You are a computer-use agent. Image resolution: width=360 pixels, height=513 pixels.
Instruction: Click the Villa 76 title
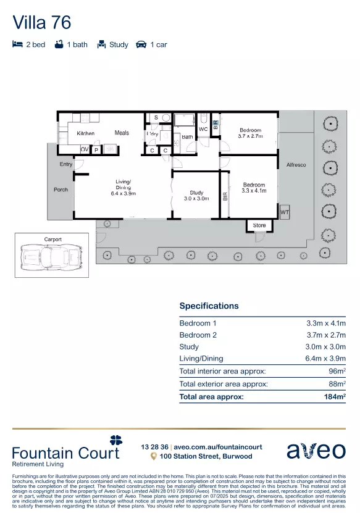42,23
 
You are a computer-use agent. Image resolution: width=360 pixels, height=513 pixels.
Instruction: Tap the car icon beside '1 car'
141,44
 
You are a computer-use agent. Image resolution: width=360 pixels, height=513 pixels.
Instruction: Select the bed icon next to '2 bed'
17,44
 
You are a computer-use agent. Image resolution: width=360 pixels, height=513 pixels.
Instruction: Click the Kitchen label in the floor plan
85,133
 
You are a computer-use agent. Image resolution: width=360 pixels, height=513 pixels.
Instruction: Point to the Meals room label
122,133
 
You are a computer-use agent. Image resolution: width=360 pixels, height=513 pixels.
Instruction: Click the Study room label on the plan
196,193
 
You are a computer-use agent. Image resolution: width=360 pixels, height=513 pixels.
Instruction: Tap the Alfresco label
296,165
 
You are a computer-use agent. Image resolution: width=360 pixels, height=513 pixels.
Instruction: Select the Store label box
259,225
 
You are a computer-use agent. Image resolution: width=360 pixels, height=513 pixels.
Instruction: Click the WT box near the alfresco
284,212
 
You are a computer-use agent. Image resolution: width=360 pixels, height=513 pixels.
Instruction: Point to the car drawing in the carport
51,255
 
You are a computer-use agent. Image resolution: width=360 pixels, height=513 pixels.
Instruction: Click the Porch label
61,190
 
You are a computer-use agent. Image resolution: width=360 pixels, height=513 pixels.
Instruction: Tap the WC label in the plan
203,129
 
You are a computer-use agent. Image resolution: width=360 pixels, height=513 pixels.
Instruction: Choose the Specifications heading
209,306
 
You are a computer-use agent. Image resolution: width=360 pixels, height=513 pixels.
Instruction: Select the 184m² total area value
333,397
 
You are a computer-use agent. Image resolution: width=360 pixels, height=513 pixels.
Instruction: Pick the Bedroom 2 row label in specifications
198,335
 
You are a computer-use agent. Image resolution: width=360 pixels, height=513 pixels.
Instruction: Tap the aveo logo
316,451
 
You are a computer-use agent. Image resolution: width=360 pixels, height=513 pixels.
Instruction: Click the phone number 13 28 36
154,447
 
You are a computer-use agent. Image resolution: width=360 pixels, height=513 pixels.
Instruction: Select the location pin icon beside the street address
154,457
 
